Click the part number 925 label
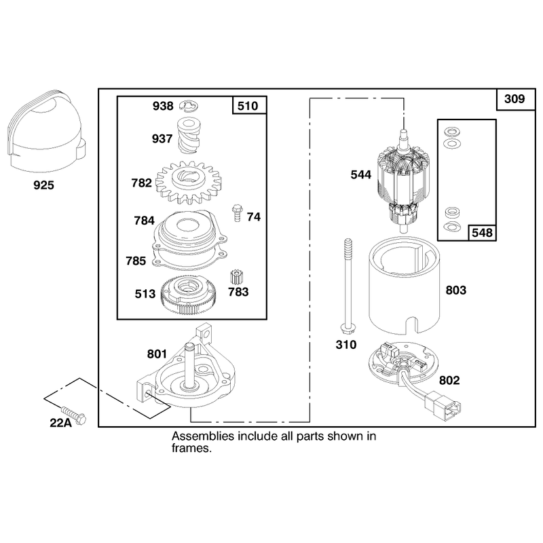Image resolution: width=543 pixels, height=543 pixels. [x=43, y=185]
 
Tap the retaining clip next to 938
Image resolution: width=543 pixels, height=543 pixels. [x=189, y=106]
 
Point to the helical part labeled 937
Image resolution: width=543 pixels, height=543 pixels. [x=189, y=136]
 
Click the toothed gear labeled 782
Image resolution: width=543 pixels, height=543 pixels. [x=189, y=182]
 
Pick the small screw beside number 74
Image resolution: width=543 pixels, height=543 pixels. [x=237, y=212]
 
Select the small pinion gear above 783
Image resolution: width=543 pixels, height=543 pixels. [x=236, y=278]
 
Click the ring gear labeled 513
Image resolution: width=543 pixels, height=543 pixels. [x=189, y=295]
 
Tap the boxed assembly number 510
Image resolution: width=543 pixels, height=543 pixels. [x=248, y=106]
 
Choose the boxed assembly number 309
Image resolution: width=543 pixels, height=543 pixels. [x=515, y=99]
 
